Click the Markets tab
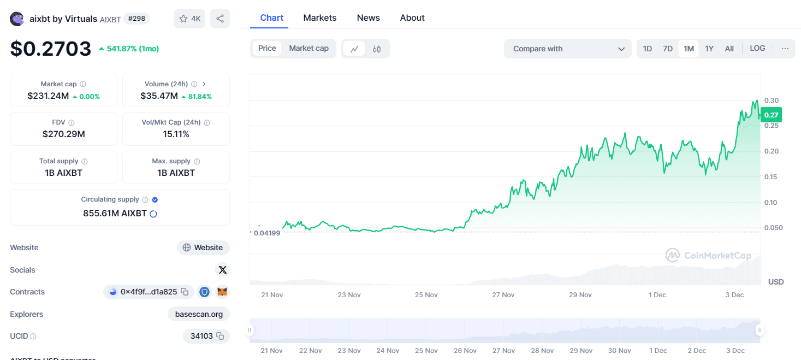point(319,17)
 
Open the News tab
point(368,17)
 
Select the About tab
point(412,17)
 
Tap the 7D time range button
point(667,49)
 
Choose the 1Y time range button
point(709,49)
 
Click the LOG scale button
point(757,49)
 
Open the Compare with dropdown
point(568,49)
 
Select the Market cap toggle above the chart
point(308,49)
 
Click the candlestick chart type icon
point(377,49)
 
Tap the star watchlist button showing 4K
point(190,19)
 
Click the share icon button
point(220,19)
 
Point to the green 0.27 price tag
point(771,115)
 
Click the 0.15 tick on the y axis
point(771,176)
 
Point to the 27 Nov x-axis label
point(503,295)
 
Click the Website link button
point(203,247)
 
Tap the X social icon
point(222,270)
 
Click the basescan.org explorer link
point(199,314)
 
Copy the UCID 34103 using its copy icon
point(220,336)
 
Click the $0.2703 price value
point(51,49)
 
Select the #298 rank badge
point(137,19)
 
